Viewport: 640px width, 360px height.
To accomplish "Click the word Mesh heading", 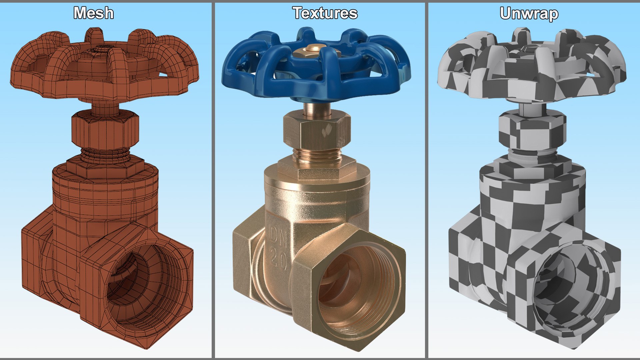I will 94,13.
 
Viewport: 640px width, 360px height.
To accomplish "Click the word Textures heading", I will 325,13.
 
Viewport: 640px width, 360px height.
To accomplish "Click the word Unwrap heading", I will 529,14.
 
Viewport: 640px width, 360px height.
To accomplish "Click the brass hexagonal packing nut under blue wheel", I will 317,132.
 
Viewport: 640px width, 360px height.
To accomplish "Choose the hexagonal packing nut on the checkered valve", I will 532,132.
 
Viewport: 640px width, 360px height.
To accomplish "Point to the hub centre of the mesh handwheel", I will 102,50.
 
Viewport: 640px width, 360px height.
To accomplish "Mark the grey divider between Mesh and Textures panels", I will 213,180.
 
